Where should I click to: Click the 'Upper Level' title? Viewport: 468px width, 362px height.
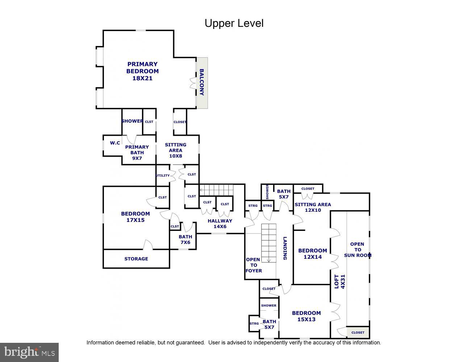[234, 23]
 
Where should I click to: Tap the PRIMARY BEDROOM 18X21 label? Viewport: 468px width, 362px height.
[142, 71]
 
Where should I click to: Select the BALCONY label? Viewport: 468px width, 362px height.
[202, 82]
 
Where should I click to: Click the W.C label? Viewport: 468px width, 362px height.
[115, 143]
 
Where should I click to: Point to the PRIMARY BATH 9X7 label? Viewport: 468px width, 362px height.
[137, 152]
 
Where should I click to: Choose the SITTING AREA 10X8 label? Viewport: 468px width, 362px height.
[176, 150]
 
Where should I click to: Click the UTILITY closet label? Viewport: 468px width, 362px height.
[163, 176]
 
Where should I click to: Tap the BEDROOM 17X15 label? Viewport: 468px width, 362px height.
[135, 217]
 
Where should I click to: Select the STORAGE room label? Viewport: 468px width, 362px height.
[136, 259]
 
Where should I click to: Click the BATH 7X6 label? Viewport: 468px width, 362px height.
[185, 240]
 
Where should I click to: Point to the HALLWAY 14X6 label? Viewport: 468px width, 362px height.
[220, 224]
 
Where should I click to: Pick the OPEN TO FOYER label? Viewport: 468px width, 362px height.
[253, 265]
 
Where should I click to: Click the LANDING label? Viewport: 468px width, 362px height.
[285, 248]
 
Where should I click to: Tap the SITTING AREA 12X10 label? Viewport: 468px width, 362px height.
[313, 207]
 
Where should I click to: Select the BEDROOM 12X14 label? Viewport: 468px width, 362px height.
[312, 254]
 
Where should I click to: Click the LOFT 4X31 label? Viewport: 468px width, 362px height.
[339, 281]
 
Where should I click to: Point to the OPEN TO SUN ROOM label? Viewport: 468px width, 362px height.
[358, 249]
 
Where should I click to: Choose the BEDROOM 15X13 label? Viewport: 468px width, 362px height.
[306, 316]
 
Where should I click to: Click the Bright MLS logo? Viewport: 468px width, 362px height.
[29, 352]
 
